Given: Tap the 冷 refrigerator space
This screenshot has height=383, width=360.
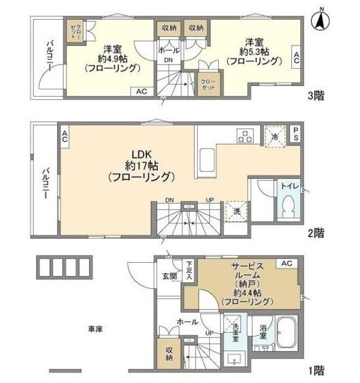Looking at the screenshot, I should click(275, 136).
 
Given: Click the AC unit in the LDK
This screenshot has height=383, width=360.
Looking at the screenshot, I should click(64, 136).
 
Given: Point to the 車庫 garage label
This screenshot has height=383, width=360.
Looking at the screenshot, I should click(96, 329).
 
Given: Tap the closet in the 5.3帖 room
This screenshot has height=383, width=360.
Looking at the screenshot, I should click(208, 83).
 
